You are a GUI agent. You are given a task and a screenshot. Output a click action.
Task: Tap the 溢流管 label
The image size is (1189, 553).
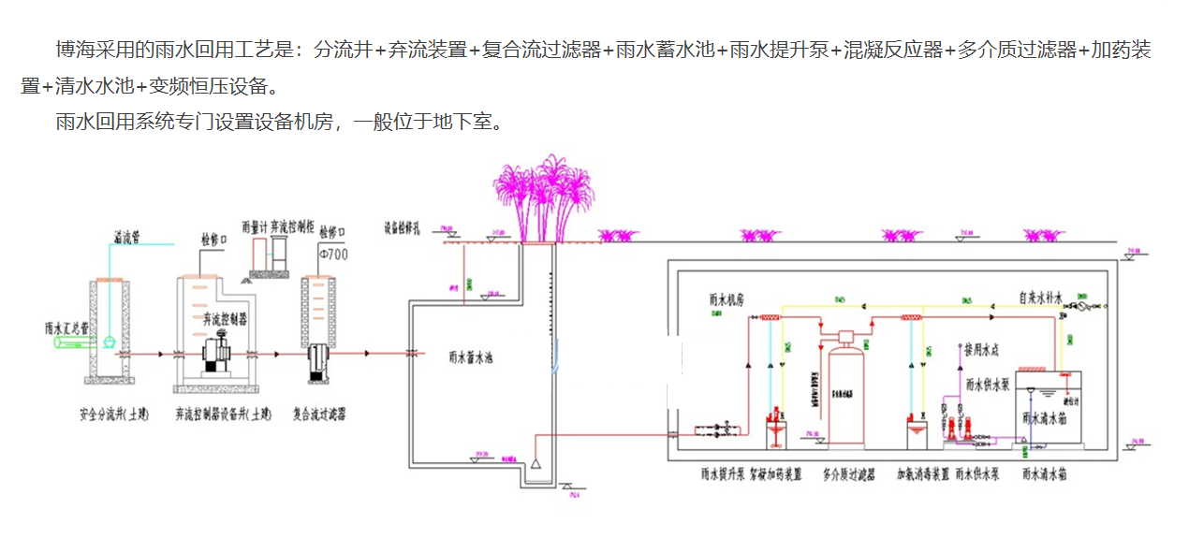click(125, 236)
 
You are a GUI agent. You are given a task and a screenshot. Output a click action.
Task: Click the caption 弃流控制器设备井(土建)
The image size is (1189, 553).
click(223, 413)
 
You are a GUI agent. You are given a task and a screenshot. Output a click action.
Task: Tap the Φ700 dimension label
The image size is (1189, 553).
click(334, 253)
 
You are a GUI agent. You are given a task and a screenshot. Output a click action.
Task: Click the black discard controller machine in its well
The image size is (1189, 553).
click(219, 357)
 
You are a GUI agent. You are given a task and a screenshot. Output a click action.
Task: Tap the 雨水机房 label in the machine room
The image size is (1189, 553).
click(727, 301)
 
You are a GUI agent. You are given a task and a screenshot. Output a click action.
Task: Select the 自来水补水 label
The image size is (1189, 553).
click(1040, 299)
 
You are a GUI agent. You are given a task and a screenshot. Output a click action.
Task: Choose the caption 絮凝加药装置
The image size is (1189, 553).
click(774, 475)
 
